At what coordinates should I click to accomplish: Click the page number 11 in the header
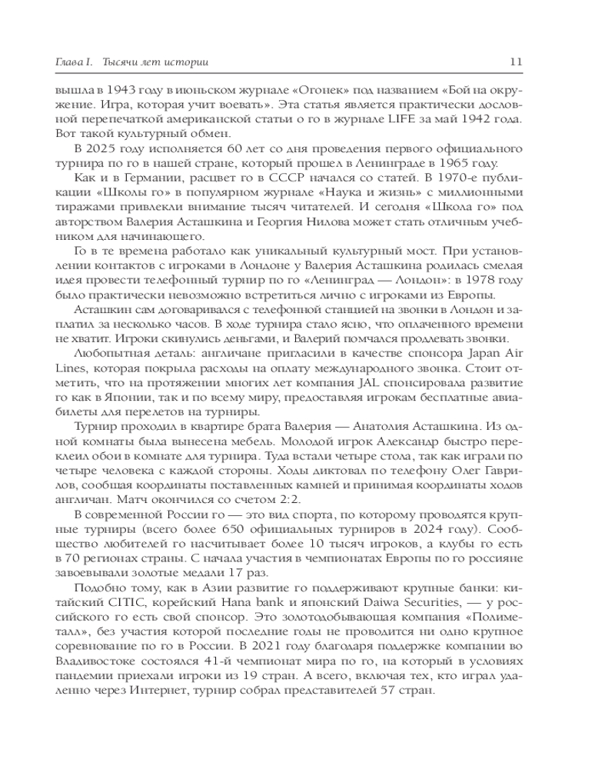point(517,62)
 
